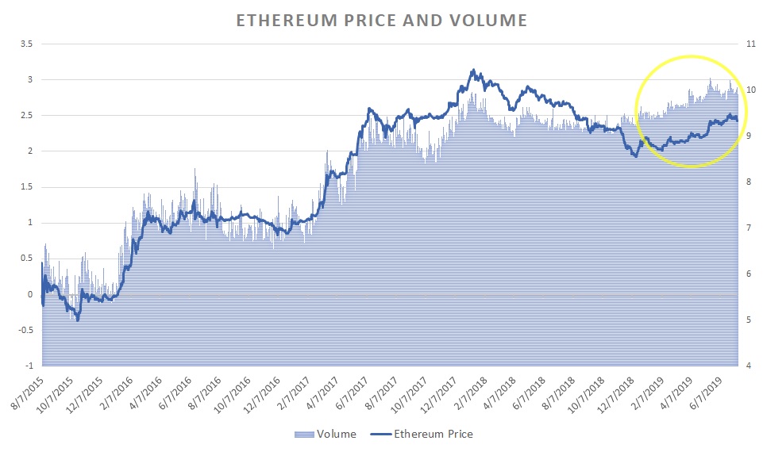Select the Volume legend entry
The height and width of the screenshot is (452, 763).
tap(327, 434)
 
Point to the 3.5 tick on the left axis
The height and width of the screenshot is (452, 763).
tap(26, 44)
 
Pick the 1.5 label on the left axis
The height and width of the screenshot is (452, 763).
tap(26, 187)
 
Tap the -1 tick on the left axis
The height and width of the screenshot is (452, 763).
tap(29, 366)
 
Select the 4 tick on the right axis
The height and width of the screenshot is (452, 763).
tap(748, 366)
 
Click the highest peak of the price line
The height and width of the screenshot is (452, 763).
tap(473, 70)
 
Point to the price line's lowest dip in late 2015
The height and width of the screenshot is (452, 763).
tap(78, 320)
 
